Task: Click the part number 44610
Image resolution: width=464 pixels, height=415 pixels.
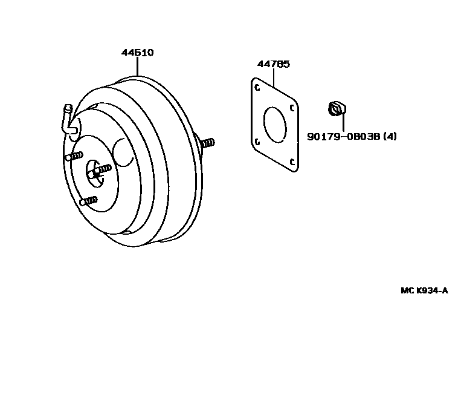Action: tap(137, 53)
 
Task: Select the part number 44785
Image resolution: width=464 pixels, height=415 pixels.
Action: tap(273, 64)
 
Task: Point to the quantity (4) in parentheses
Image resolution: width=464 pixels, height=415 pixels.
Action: tap(390, 136)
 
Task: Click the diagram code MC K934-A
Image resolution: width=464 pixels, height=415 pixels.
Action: tap(424, 290)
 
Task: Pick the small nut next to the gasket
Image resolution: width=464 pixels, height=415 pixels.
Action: tap(336, 109)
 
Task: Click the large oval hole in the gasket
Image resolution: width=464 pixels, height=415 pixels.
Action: tap(275, 125)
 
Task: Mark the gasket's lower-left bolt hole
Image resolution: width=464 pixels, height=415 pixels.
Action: tap(257, 142)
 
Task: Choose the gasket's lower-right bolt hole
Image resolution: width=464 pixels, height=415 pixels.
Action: tap(292, 162)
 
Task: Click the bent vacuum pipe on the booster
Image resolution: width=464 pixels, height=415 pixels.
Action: tap(69, 119)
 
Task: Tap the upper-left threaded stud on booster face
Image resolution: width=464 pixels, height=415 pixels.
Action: tap(73, 157)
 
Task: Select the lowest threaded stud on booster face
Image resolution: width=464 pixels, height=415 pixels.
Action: tap(88, 200)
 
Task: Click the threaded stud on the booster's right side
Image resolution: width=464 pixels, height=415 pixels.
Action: tap(207, 143)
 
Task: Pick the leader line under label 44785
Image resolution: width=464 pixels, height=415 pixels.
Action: tap(274, 76)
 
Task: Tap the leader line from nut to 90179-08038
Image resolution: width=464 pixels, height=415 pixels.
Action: tap(343, 122)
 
